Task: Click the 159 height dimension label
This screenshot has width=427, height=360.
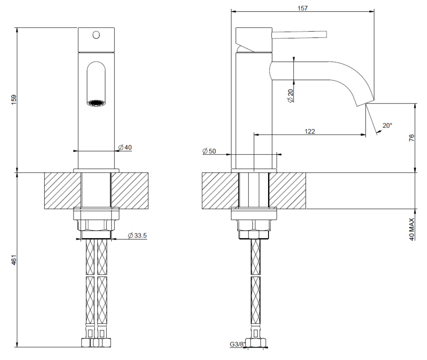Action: pos(14,100)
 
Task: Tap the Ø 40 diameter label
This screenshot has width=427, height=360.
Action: pos(125,148)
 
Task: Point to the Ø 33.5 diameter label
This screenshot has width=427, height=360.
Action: pos(138,235)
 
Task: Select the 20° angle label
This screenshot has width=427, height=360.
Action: pos(387,126)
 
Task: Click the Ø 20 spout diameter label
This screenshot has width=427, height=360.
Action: pos(290,96)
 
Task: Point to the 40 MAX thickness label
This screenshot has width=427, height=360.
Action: pos(411,229)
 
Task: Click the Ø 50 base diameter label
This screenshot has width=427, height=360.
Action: pos(209,151)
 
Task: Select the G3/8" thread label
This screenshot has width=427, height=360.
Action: pos(236,345)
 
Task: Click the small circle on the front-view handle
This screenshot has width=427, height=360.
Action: pos(96,35)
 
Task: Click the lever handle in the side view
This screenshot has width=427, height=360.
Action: pos(299,34)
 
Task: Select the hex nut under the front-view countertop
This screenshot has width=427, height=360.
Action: pos(96,224)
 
